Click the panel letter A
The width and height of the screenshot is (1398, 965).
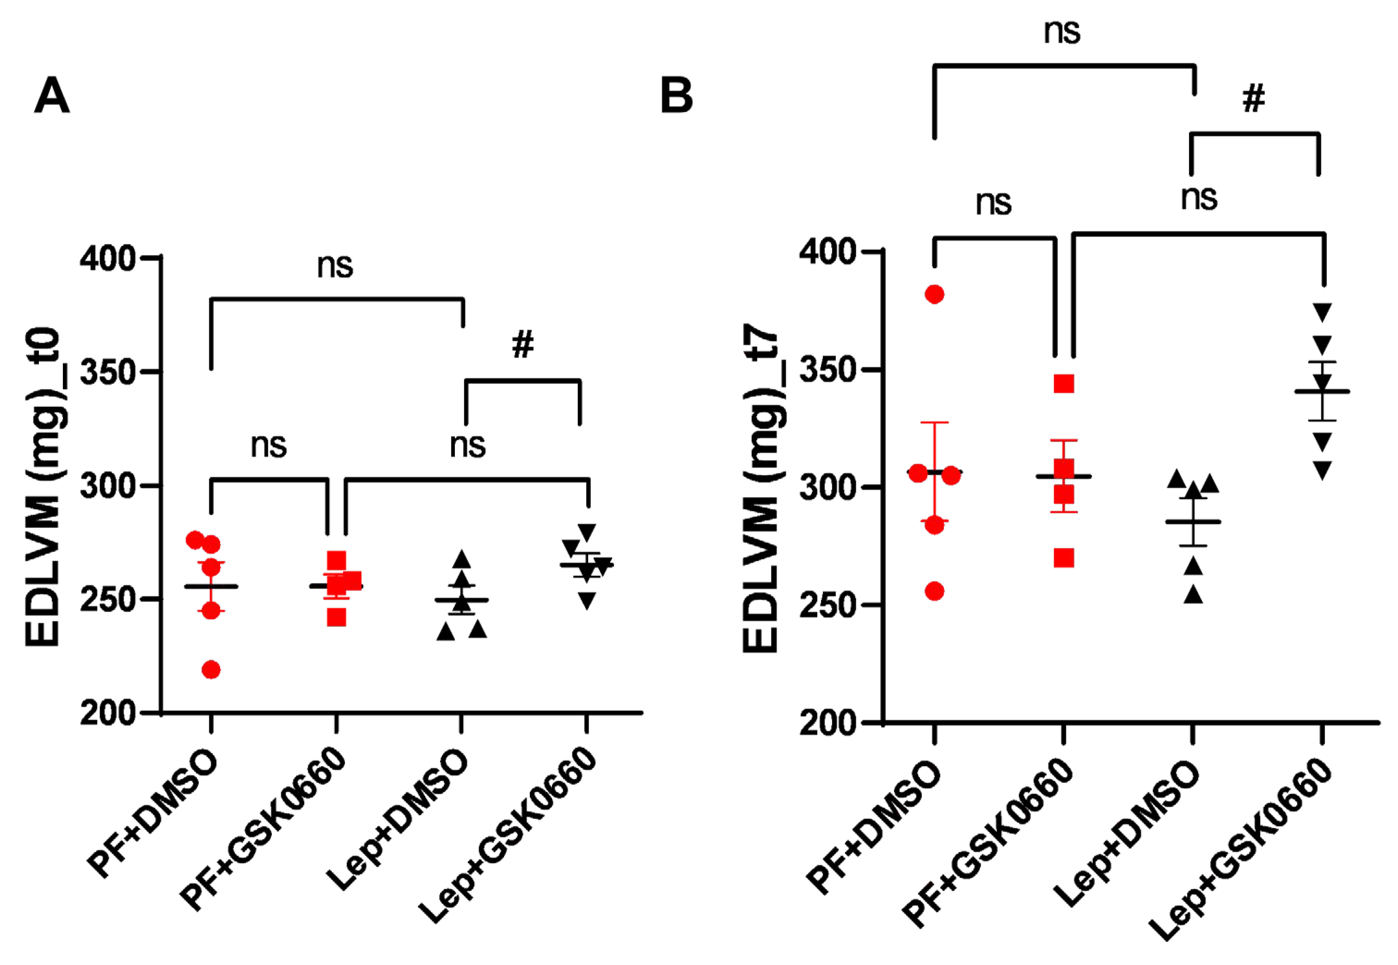pyautogui.click(x=52, y=96)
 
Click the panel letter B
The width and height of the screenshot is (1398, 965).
pyautogui.click(x=676, y=96)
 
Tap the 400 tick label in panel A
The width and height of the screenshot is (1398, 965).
pyautogui.click(x=108, y=259)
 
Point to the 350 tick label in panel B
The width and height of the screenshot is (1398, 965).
pyautogui.click(x=827, y=370)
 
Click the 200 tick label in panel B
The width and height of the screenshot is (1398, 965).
pyautogui.click(x=827, y=722)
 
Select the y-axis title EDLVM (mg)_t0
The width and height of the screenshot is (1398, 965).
pyautogui.click(x=43, y=487)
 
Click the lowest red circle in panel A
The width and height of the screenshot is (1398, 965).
pyautogui.click(x=210, y=670)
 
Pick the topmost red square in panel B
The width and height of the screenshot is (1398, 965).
pyautogui.click(x=1063, y=383)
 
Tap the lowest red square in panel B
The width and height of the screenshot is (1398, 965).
pyautogui.click(x=1063, y=558)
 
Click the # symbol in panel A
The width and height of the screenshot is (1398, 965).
pyautogui.click(x=523, y=345)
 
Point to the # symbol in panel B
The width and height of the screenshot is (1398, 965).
pyautogui.click(x=1253, y=98)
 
